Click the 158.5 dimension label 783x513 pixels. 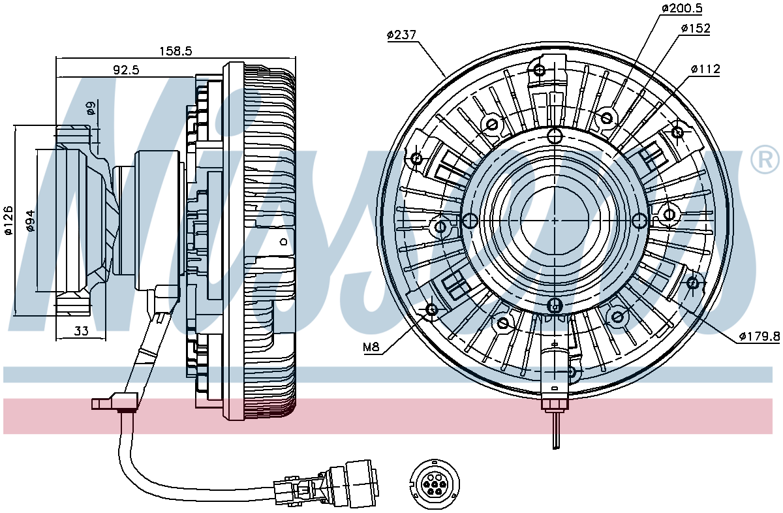click(176, 52)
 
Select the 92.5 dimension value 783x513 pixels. click(126, 70)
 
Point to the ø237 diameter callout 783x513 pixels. click(402, 35)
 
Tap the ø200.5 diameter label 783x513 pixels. click(682, 8)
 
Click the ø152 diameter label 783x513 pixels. click(696, 28)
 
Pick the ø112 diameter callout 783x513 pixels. click(706, 69)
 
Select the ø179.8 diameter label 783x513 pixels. click(760, 336)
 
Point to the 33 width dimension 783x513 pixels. click(82, 331)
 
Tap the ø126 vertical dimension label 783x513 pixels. click(8, 221)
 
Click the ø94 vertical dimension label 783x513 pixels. click(31, 221)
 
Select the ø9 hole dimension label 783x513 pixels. click(91, 108)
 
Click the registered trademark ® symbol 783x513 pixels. click(765, 159)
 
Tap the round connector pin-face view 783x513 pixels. click(435, 484)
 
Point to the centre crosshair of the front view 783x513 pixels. click(555, 220)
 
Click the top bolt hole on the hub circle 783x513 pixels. click(555, 135)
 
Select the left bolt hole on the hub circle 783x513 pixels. click(470, 220)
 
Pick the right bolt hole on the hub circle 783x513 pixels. click(639, 220)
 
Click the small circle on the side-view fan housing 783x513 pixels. click(284, 241)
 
